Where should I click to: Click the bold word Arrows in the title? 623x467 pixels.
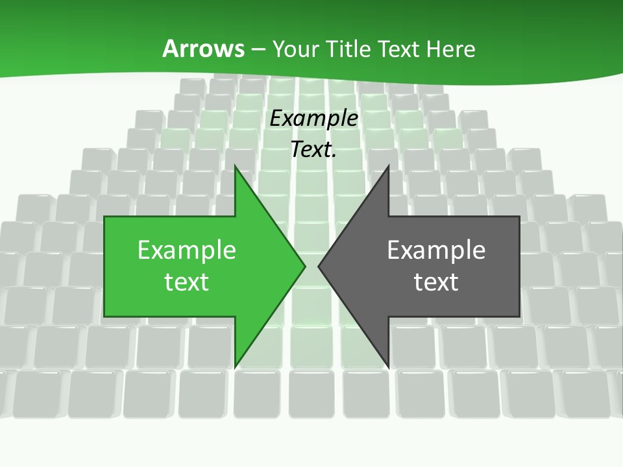pos(204,49)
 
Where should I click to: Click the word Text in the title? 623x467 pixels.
pos(399,49)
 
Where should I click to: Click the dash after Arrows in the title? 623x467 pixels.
pos(258,49)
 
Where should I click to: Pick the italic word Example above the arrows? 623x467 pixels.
pos(314,119)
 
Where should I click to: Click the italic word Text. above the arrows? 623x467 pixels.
pos(314,150)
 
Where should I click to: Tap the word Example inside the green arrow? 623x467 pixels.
pos(187,250)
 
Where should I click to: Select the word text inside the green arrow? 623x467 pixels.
pos(187,282)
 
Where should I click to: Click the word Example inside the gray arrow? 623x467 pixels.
pos(436,250)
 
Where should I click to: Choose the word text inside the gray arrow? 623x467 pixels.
pos(436,282)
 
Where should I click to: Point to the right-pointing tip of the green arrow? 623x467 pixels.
pos(305,266)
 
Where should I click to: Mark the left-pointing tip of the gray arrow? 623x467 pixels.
pos(319,266)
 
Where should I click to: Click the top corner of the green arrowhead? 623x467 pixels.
pos(235,165)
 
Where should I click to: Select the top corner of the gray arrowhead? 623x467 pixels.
pos(388,165)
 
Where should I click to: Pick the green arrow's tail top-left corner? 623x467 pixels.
pos(104,217)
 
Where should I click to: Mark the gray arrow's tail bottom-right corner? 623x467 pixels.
pos(520,317)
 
